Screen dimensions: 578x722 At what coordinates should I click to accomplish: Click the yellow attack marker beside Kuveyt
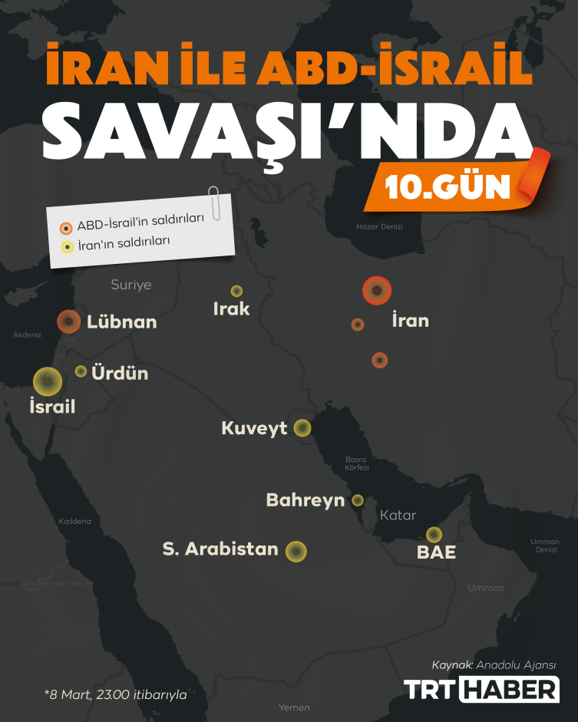pos(302,428)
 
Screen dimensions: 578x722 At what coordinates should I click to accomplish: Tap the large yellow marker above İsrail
pos(48,381)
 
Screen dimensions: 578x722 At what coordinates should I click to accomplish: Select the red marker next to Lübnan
pos(69,321)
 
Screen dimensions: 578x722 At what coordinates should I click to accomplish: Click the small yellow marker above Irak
pos(237,291)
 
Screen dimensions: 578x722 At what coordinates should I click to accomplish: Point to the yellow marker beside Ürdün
pos(81,371)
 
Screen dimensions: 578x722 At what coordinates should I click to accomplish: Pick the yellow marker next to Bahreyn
pos(358,500)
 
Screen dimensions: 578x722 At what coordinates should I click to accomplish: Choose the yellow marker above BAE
pos(434,534)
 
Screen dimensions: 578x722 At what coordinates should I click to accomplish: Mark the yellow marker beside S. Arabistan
pos(296,551)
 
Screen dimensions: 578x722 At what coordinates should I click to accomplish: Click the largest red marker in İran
pos(377,291)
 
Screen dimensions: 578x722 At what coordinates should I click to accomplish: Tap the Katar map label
pos(398,515)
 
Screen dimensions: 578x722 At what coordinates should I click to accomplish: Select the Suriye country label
pos(131,285)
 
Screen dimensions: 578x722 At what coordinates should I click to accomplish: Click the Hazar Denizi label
pos(379,226)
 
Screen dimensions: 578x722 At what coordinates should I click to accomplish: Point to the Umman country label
pos(486,588)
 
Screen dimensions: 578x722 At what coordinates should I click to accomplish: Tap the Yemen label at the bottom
pos(295,707)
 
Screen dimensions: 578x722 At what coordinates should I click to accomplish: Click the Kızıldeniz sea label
pos(75,521)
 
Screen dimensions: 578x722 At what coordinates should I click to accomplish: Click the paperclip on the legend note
pos(216,202)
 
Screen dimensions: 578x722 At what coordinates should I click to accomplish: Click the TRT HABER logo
pos(482,688)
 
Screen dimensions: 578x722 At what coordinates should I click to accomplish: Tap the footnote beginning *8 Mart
pos(116,694)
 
